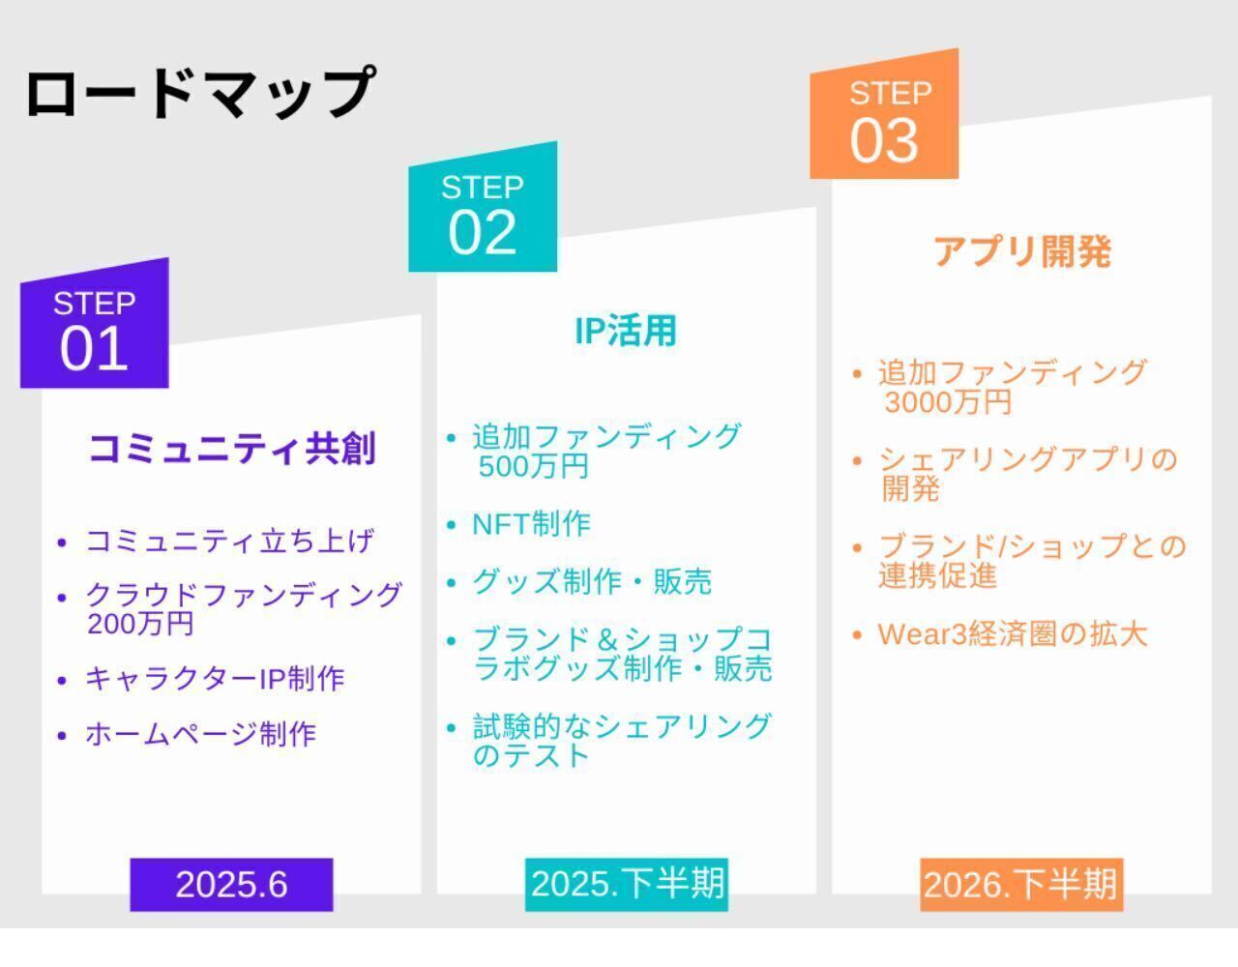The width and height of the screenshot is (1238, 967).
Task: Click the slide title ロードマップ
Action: point(200,92)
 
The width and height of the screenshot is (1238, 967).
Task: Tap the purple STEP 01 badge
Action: point(95,324)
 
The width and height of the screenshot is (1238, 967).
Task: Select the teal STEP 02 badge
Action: point(483,207)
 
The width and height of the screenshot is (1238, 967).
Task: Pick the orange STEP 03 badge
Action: point(884,114)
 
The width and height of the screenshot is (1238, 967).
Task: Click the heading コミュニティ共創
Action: point(232,448)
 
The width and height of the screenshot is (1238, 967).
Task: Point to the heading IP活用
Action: point(626,331)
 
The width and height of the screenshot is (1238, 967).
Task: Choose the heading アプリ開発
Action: point(1022,251)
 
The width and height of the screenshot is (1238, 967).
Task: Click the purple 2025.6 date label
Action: point(231,885)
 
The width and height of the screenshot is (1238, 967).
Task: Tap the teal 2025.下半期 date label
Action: point(627,885)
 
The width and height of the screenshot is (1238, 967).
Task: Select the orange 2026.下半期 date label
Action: point(1021,885)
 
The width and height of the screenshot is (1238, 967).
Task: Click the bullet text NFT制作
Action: point(532,524)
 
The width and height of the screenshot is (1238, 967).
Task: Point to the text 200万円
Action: point(140,624)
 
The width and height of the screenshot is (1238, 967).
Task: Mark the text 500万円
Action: point(533,466)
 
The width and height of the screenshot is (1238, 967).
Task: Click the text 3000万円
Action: point(948,402)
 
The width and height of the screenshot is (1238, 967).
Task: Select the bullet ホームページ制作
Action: point(200,734)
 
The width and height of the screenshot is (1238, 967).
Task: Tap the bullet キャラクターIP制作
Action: point(215,679)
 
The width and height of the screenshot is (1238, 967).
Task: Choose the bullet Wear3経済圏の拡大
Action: point(1013,634)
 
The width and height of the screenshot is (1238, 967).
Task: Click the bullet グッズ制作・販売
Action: point(592,582)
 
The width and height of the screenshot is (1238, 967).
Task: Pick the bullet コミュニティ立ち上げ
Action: point(229,541)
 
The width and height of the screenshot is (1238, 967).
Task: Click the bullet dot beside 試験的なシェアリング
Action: point(452,728)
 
